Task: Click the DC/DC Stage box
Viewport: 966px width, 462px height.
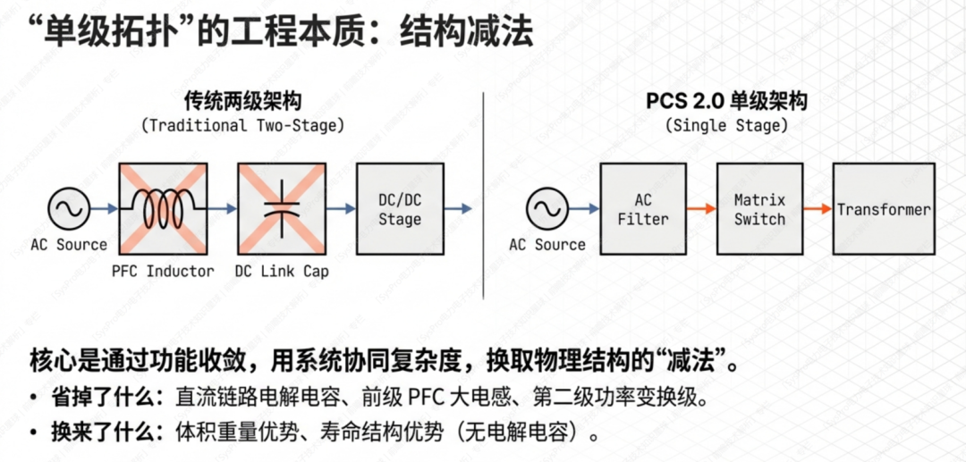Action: pos(400,208)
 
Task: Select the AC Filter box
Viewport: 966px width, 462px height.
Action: pos(642,208)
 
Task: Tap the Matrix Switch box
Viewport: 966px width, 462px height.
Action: pos(758,208)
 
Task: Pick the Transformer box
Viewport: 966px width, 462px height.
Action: pos(884,208)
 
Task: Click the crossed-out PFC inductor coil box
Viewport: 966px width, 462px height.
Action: pos(163,208)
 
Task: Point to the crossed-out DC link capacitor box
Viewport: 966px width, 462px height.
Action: pos(281,208)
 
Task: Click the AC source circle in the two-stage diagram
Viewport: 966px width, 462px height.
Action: pos(69,209)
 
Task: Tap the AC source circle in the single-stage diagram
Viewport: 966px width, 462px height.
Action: pos(547,209)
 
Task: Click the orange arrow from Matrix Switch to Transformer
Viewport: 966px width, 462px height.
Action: pos(818,209)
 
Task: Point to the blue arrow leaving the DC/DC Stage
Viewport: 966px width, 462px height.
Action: pos(458,209)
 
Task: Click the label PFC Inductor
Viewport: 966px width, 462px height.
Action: pos(163,271)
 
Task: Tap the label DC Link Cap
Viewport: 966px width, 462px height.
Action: pos(281,271)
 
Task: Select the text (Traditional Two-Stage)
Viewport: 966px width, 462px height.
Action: pos(241,125)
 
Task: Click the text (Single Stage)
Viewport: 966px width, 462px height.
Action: pos(726,125)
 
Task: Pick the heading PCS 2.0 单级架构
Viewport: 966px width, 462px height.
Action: pos(726,100)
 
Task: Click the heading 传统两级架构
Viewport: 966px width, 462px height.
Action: pos(241,100)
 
